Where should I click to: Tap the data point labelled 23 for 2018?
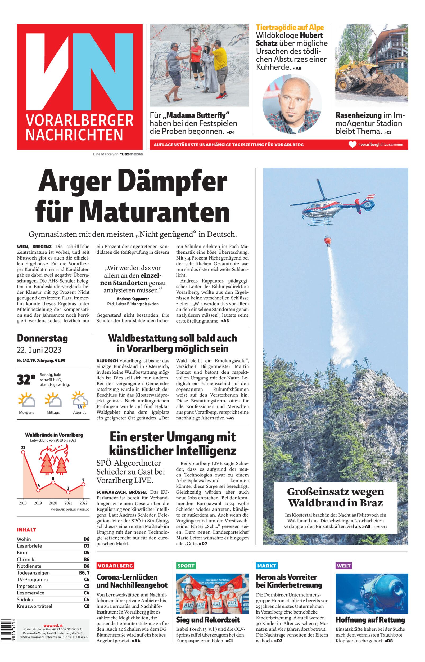[23, 452]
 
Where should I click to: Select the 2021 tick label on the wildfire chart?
[68, 503]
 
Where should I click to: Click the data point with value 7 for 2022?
[83, 484]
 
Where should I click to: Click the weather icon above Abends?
[80, 400]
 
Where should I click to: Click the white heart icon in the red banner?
[352, 144]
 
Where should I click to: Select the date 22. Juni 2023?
[39, 350]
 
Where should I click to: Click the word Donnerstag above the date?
[42, 338]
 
